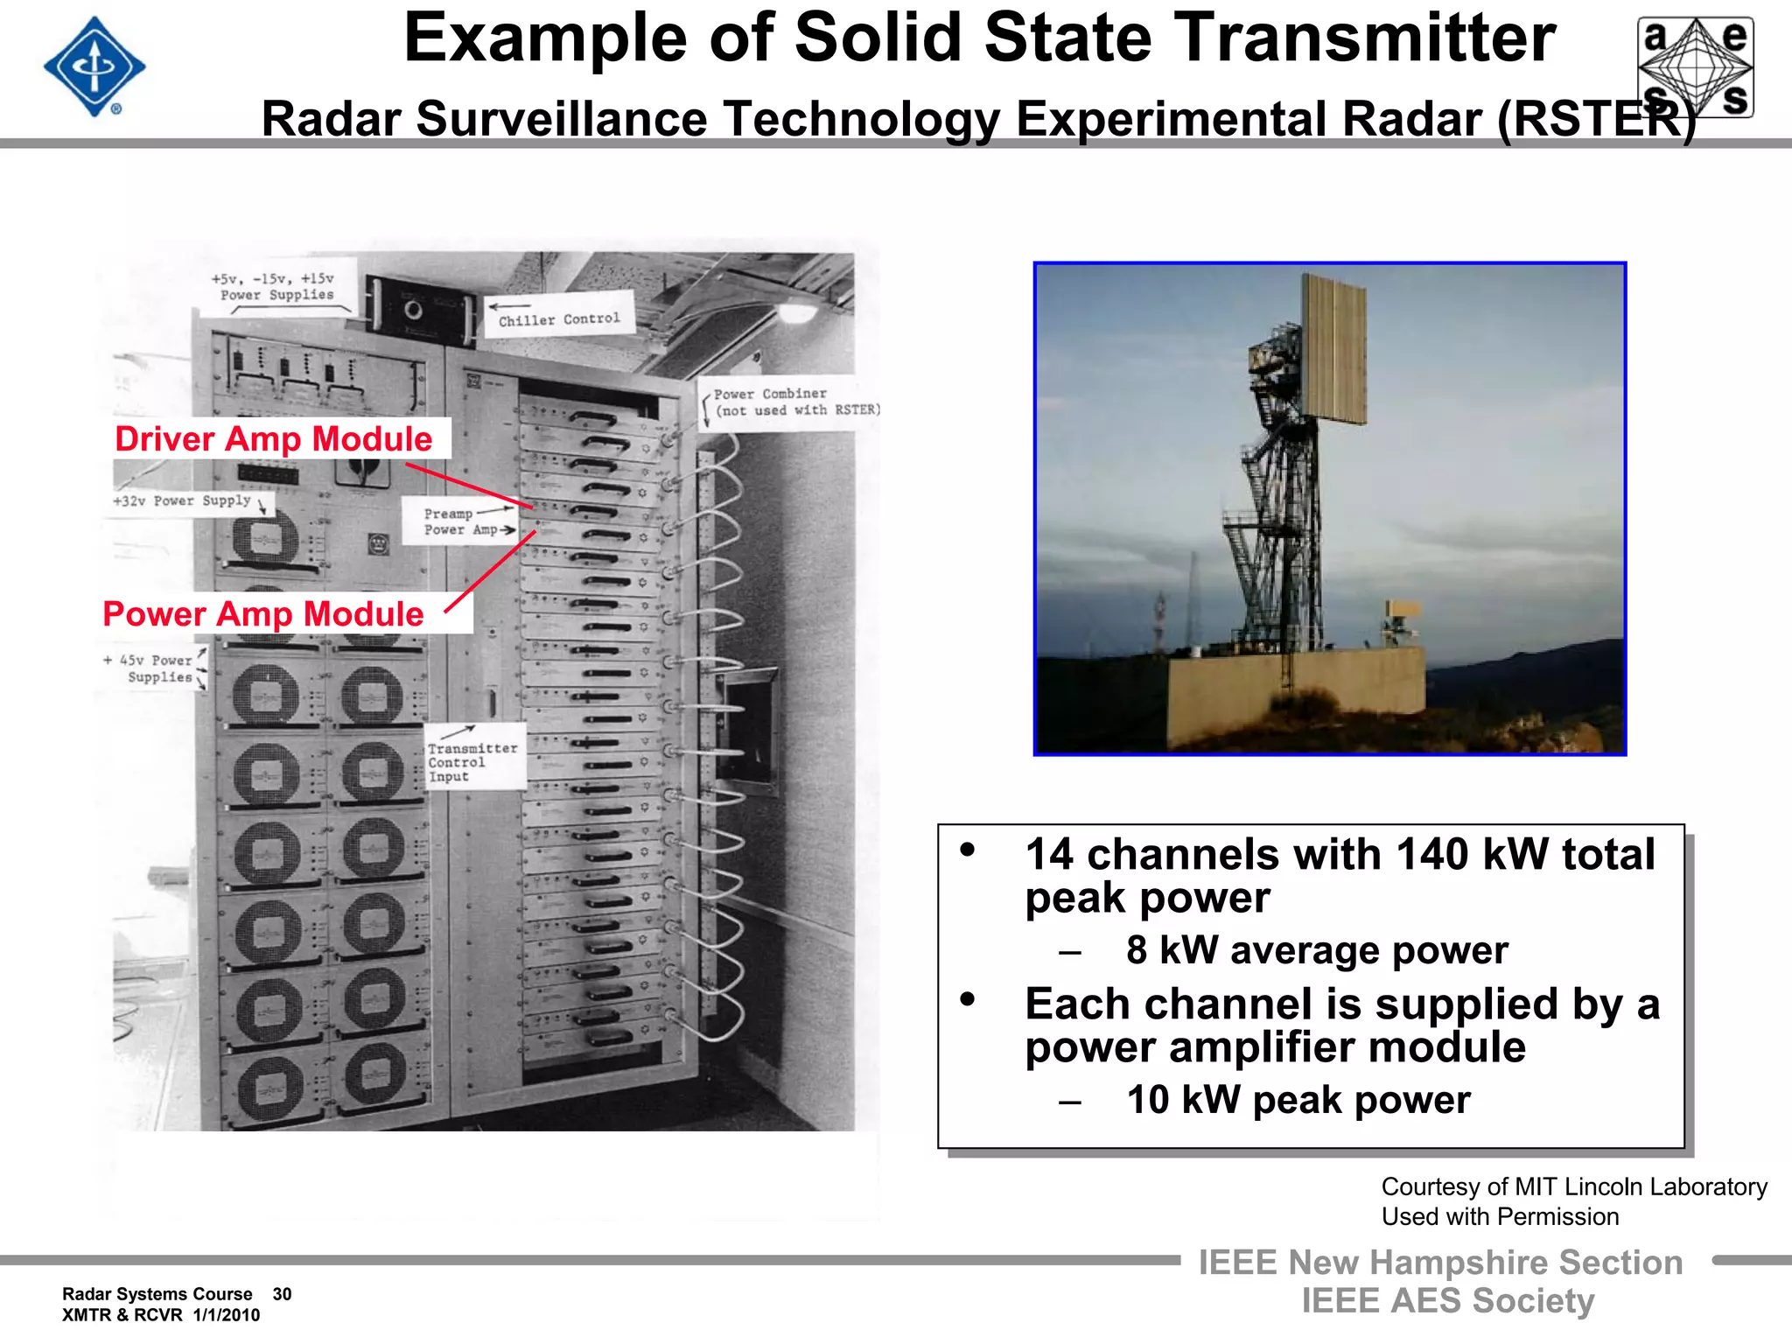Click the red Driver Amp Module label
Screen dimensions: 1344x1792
coord(274,438)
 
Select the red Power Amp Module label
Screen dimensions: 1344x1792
coord(263,614)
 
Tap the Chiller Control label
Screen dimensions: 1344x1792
coord(559,319)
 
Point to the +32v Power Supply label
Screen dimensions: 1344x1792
coord(182,500)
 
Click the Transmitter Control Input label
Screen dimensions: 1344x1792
coord(472,762)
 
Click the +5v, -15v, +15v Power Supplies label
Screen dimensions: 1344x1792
coord(274,287)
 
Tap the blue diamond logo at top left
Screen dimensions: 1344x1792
coord(94,66)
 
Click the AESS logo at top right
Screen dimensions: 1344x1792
coord(1695,66)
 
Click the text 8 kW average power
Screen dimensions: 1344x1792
coord(1317,950)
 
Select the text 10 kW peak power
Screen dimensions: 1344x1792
coord(1298,1100)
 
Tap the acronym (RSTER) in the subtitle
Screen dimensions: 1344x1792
coord(1597,119)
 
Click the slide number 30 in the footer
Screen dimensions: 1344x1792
coord(282,1294)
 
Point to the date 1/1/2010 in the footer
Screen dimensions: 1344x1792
coord(227,1315)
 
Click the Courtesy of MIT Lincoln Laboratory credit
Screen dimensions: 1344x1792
coord(1573,1186)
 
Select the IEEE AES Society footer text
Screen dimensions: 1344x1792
coord(1447,1300)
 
